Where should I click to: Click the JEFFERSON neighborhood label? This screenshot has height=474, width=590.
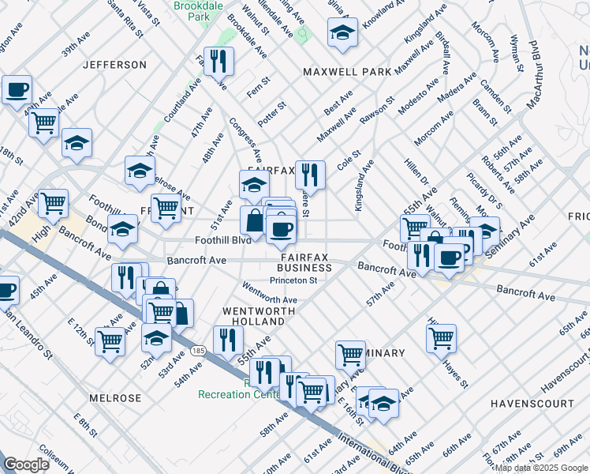[x=115, y=64]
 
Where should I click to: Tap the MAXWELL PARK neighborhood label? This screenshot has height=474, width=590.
[x=348, y=72]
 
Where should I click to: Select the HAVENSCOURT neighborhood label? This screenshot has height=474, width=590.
[x=532, y=403]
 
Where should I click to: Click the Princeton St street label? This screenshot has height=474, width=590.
[x=293, y=280]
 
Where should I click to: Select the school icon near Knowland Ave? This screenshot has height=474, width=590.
[x=342, y=33]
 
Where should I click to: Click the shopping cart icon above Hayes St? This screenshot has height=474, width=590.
[x=441, y=337]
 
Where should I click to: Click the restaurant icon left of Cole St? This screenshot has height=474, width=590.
[x=310, y=174]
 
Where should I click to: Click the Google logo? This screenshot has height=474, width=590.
[x=26, y=465]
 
